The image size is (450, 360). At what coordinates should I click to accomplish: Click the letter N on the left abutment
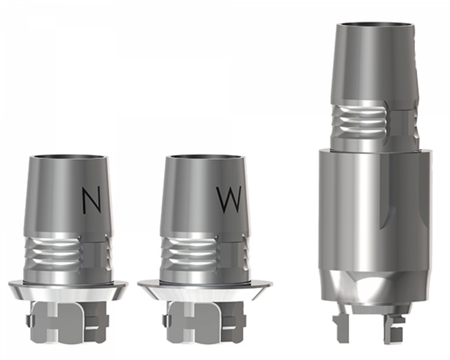pyautogui.click(x=91, y=201)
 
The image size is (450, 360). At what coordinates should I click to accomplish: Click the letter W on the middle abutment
pyautogui.click(x=229, y=200)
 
